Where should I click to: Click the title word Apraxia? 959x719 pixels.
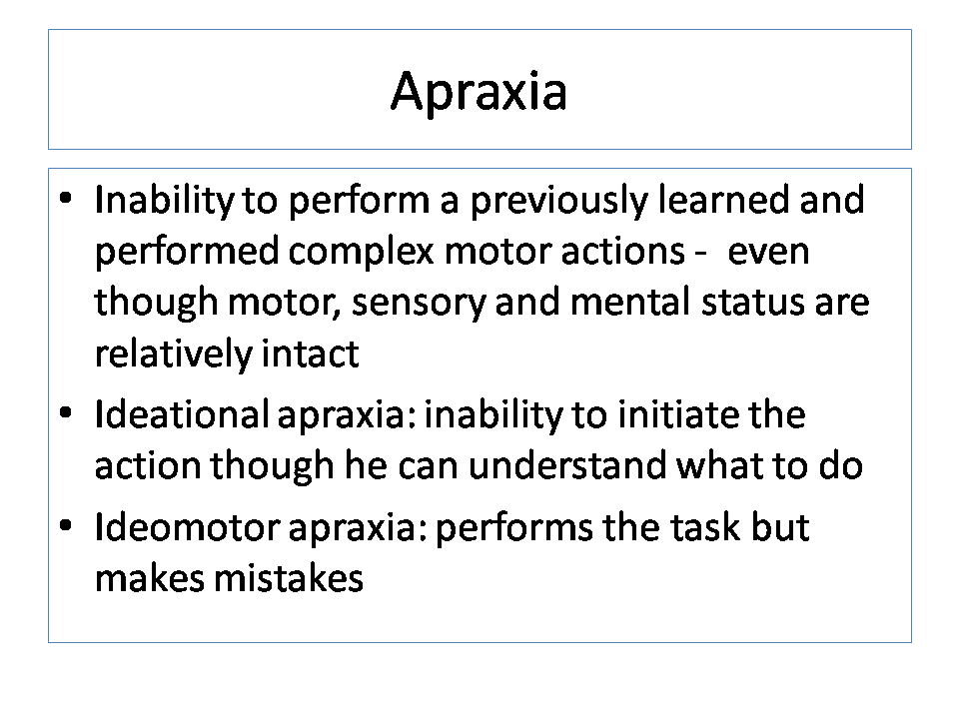[x=479, y=92]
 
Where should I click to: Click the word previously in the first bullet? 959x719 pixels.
[x=558, y=201]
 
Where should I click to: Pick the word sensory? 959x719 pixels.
[x=419, y=304]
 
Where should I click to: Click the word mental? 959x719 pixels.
[x=630, y=302]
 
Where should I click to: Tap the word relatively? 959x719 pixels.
[x=173, y=355]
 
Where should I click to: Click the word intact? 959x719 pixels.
[x=310, y=354]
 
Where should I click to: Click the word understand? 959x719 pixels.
[x=567, y=465]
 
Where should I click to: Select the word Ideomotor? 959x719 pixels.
[x=187, y=527]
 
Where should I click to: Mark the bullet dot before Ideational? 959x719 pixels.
[x=66, y=412]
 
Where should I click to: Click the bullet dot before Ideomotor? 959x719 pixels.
[x=66, y=525]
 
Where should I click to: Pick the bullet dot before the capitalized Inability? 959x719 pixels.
[x=66, y=198]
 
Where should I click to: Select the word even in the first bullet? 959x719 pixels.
[x=768, y=254]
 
